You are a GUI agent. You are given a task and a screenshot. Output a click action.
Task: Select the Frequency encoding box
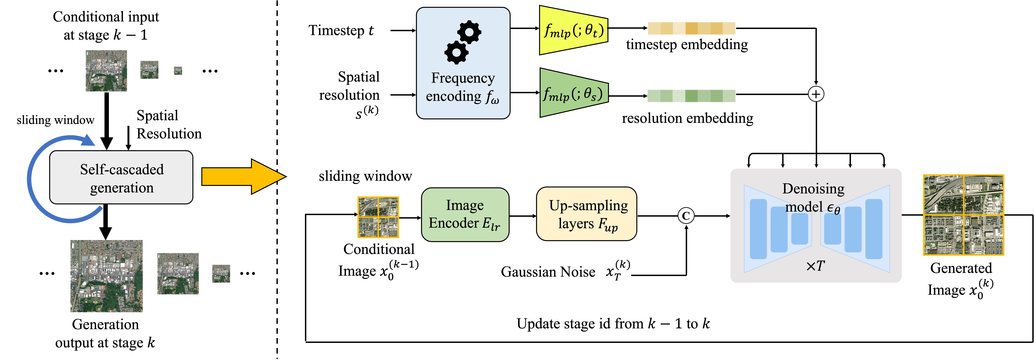coord(463,63)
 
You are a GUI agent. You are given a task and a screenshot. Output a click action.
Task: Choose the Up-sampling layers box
coord(586,214)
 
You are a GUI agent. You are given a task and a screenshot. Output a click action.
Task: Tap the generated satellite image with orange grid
coord(963,215)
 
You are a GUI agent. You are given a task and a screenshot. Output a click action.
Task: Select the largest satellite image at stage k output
coord(106,276)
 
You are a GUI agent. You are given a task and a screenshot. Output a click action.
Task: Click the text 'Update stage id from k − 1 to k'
coord(613,324)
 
